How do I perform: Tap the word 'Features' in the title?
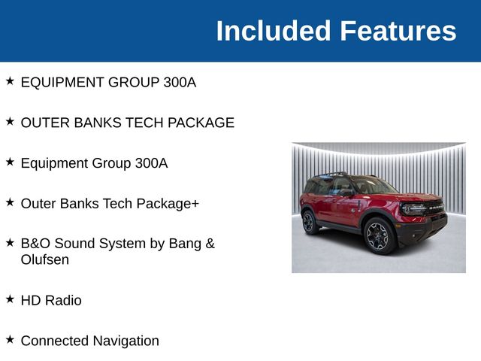pyautogui.click(x=398, y=32)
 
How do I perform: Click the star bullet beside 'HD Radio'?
pyautogui.click(x=10, y=299)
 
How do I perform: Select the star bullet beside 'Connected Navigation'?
pyautogui.click(x=10, y=340)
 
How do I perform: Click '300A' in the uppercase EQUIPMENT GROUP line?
pyautogui.click(x=180, y=82)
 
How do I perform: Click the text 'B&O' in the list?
pyautogui.click(x=35, y=244)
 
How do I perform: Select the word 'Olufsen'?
pyautogui.click(x=45, y=259)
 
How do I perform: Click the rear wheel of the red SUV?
pyautogui.click(x=308, y=222)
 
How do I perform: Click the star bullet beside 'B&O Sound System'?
pyautogui.click(x=10, y=243)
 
